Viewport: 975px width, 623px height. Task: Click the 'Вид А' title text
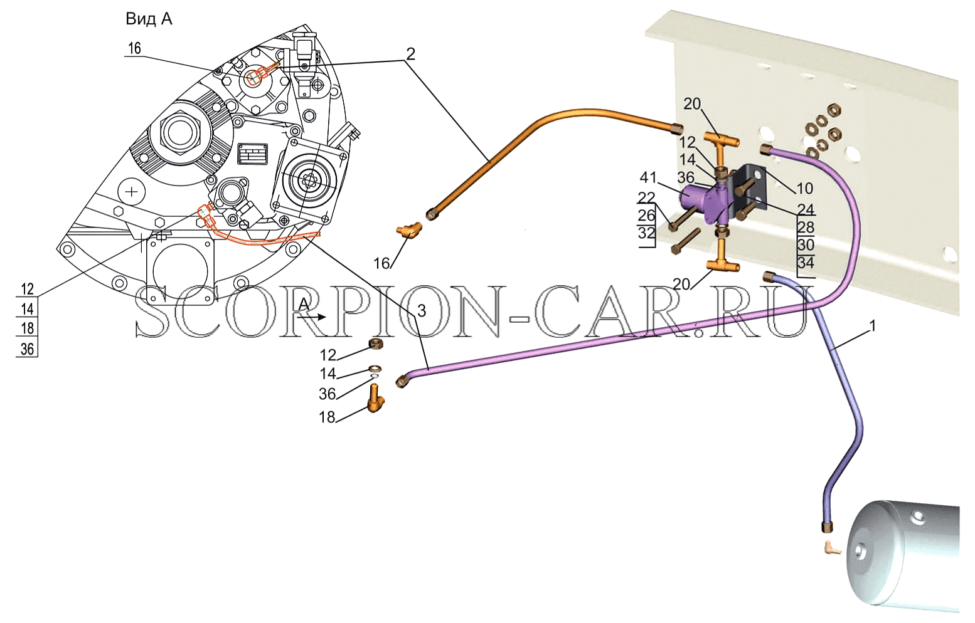point(149,19)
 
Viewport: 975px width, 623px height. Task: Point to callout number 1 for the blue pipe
point(872,326)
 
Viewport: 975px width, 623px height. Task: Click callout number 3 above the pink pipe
point(422,310)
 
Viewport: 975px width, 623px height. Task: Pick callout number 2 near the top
point(410,54)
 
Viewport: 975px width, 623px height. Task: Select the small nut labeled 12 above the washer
point(376,344)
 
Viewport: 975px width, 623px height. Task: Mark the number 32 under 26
point(646,233)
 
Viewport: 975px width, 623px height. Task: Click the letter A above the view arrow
point(304,305)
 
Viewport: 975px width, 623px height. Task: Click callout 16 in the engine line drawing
point(134,48)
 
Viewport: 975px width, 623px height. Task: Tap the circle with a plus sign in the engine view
point(131,191)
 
